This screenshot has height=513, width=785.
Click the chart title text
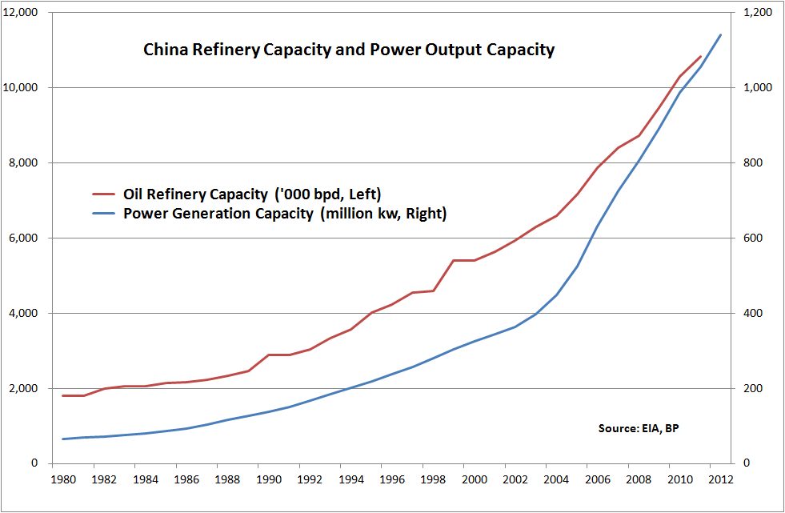[348, 50]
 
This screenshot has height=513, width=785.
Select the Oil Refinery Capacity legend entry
[252, 194]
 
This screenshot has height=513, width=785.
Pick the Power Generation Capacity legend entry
[284, 214]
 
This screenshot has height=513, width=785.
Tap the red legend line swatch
[104, 194]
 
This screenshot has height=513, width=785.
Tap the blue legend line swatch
[104, 214]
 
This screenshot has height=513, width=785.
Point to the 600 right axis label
[750, 238]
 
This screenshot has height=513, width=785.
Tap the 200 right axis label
[750, 389]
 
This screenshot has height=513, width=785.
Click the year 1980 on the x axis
[62, 480]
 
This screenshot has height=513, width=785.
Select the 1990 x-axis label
[268, 480]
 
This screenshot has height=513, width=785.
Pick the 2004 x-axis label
[556, 480]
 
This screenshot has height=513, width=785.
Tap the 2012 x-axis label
[720, 480]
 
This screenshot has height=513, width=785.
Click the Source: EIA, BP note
[638, 429]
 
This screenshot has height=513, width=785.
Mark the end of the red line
[701, 57]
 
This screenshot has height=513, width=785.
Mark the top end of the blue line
[721, 34]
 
